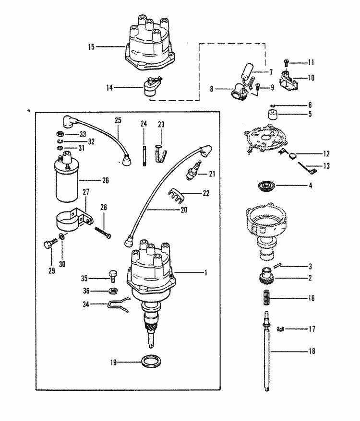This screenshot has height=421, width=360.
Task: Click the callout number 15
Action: (x=92, y=47)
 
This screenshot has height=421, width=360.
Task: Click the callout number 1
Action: (x=205, y=272)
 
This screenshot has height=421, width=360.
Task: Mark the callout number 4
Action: (x=311, y=185)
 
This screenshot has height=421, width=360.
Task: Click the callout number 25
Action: (x=119, y=119)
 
